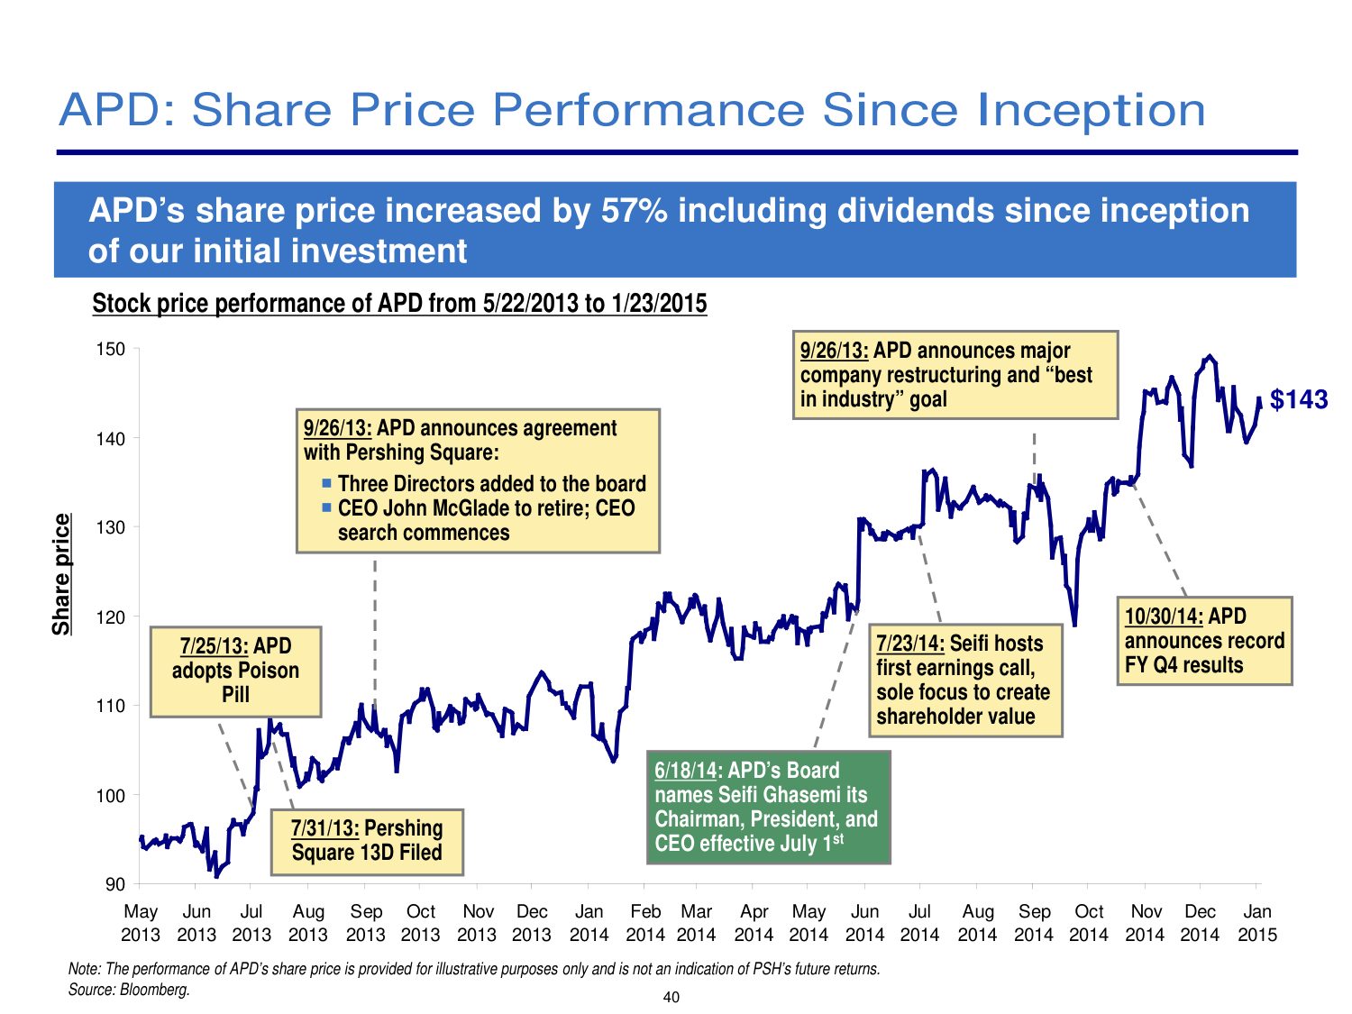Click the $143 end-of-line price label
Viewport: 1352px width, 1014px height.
click(x=1298, y=399)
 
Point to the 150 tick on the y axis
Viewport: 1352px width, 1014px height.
click(x=111, y=350)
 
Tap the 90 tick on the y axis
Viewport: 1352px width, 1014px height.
click(x=114, y=885)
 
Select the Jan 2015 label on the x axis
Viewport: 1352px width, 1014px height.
click(x=1256, y=923)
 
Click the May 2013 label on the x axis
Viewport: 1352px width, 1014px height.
click(x=141, y=923)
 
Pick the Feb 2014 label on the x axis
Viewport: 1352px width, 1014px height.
click(x=645, y=923)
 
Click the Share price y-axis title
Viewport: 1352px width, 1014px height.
click(x=61, y=574)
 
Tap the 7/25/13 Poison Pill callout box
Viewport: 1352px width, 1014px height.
click(x=235, y=671)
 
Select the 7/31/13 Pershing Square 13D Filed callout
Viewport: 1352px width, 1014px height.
click(x=367, y=841)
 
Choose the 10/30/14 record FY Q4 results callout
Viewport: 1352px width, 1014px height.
click(x=1204, y=641)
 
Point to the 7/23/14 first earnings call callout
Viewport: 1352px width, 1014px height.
click(x=964, y=680)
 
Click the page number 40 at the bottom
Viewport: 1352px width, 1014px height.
click(x=671, y=997)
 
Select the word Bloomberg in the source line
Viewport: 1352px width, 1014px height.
click(x=154, y=990)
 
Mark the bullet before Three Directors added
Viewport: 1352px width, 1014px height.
click(x=327, y=484)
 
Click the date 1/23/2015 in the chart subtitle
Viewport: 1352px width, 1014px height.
click(x=659, y=304)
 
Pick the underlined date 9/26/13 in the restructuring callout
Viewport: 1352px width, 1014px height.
click(x=834, y=351)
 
